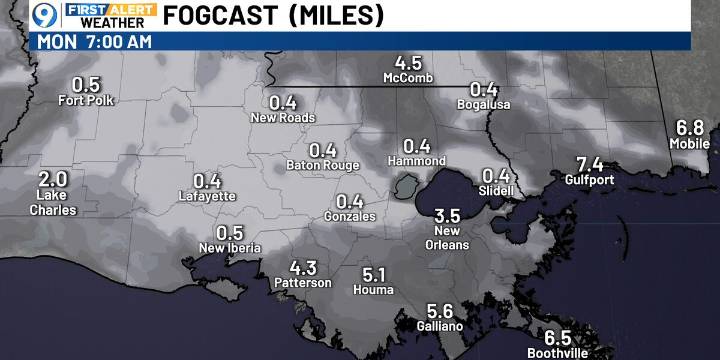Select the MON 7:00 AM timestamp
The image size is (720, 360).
[95, 41]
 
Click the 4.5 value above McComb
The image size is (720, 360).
[408, 61]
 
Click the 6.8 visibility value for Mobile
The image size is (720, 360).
[691, 128]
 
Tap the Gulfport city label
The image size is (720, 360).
[589, 181]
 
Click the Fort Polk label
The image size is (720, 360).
[87, 100]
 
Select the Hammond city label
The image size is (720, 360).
[417, 161]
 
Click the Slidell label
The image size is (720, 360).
[496, 190]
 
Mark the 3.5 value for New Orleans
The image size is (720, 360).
[447, 215]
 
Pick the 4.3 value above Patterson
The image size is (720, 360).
[303, 267]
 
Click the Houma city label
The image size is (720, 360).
[374, 290]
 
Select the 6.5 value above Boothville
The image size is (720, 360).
[558, 337]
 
